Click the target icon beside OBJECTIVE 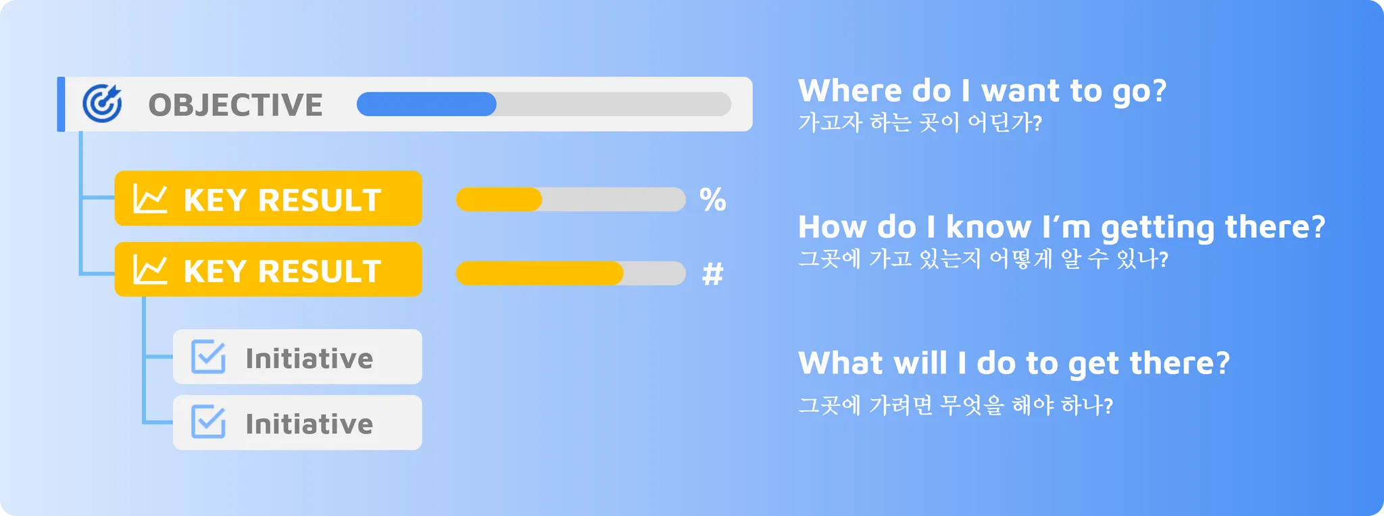pyautogui.click(x=102, y=104)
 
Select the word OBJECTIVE pyautogui.click(x=235, y=105)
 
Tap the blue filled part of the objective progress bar pyautogui.click(x=426, y=104)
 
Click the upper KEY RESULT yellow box pyautogui.click(x=268, y=199)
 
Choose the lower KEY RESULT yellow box pyautogui.click(x=268, y=269)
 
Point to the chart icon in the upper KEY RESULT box pyautogui.click(x=150, y=199)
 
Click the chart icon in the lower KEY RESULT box pyautogui.click(x=150, y=269)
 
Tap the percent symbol pyautogui.click(x=713, y=200)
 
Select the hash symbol pyautogui.click(x=713, y=274)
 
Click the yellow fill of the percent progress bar pyautogui.click(x=499, y=199)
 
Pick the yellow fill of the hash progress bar pyautogui.click(x=539, y=273)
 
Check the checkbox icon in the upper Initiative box pyautogui.click(x=208, y=357)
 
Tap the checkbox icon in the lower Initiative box pyautogui.click(x=208, y=421)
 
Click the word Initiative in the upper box pyautogui.click(x=309, y=358)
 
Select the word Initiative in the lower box pyautogui.click(x=309, y=423)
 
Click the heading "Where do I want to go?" pyautogui.click(x=983, y=91)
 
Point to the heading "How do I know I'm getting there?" pyautogui.click(x=1062, y=228)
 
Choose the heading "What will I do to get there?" pyautogui.click(x=1014, y=363)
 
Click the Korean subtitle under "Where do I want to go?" pyautogui.click(x=920, y=122)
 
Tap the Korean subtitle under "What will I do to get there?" pyautogui.click(x=956, y=405)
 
